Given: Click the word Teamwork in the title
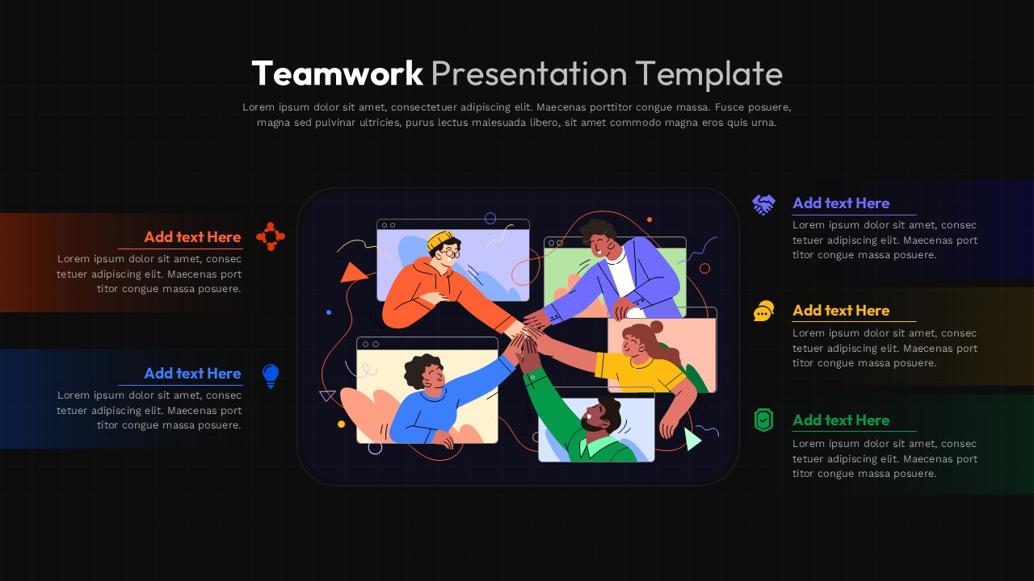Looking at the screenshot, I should click(337, 73).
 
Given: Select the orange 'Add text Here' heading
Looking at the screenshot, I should click(192, 236).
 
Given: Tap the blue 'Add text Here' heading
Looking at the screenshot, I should click(192, 373).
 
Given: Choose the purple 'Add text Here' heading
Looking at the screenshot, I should click(841, 203).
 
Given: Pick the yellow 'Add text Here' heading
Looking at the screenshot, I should click(841, 311).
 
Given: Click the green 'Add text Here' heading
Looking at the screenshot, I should click(841, 420).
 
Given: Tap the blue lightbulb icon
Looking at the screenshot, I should click(271, 375).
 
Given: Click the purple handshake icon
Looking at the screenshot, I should click(763, 204).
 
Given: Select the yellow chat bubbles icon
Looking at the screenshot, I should click(763, 311).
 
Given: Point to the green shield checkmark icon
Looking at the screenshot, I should click(763, 420).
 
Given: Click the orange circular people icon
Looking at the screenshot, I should click(271, 236).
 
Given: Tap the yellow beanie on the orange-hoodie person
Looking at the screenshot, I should click(441, 240).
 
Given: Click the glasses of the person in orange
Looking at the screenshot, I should click(449, 253).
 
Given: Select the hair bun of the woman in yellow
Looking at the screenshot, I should click(656, 327).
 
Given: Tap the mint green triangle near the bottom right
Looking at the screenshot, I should click(691, 438).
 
